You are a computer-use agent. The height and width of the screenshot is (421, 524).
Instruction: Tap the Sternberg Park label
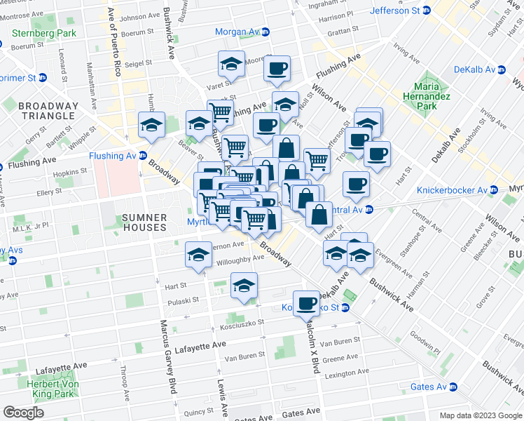[36, 32]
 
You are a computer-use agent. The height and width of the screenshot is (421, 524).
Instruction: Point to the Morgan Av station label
[238, 32]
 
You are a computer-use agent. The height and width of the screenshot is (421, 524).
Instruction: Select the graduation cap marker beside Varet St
[231, 64]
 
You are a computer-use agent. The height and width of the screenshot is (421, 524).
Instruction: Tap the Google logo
[23, 413]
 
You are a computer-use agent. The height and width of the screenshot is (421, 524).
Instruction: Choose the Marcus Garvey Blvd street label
[168, 354]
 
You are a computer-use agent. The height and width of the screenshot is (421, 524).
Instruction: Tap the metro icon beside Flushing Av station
[143, 156]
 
